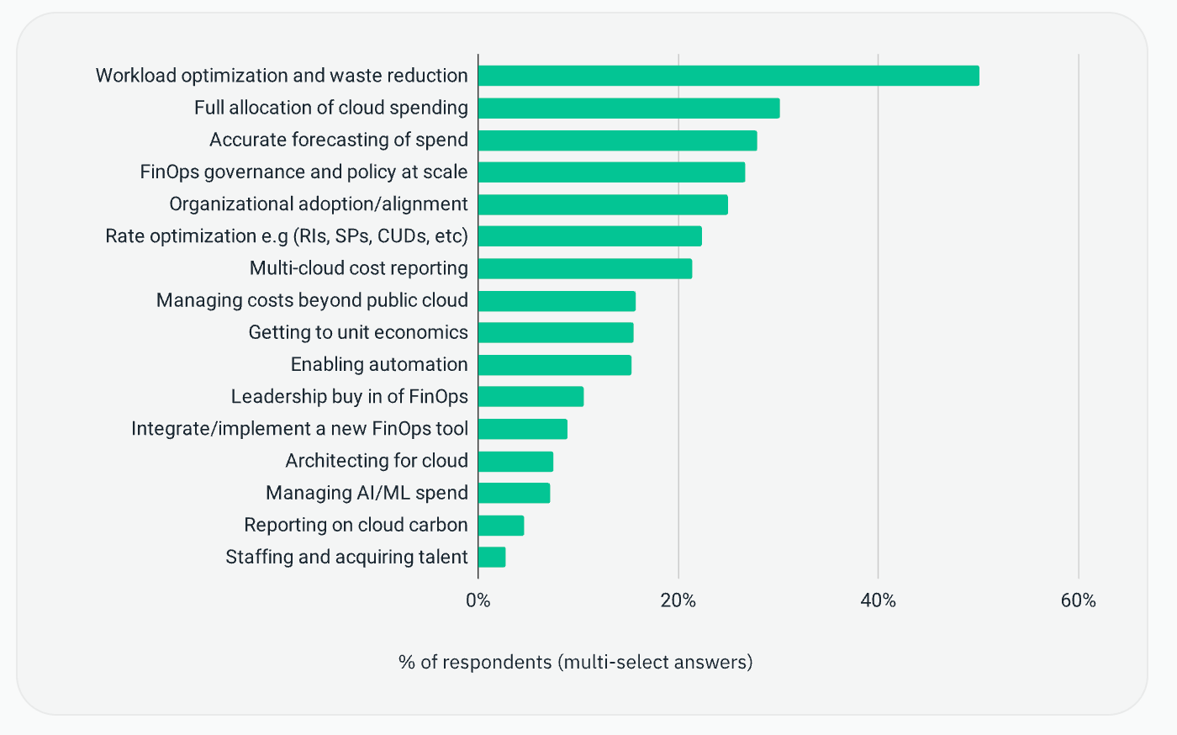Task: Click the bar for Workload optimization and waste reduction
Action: point(728,76)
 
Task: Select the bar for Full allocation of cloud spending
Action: point(629,108)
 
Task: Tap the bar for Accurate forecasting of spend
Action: point(617,140)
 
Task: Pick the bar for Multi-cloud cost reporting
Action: point(585,268)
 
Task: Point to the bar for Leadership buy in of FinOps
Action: point(530,397)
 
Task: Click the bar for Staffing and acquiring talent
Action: point(492,558)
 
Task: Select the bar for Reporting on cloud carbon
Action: point(501,526)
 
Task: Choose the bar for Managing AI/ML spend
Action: point(514,493)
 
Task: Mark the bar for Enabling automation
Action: point(555,365)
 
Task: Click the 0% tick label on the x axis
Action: point(478,600)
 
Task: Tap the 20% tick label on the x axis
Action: point(678,600)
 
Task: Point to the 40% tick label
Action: point(878,600)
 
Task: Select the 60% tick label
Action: point(1078,600)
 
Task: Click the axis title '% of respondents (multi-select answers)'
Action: point(575,663)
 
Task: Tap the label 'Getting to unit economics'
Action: point(358,332)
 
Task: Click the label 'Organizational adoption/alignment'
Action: point(319,204)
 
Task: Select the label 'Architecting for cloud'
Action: point(377,461)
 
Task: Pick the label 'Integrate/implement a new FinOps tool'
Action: point(299,429)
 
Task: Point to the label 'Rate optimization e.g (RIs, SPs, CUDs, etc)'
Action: point(286,236)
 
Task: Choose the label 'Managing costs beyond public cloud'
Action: point(312,300)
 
